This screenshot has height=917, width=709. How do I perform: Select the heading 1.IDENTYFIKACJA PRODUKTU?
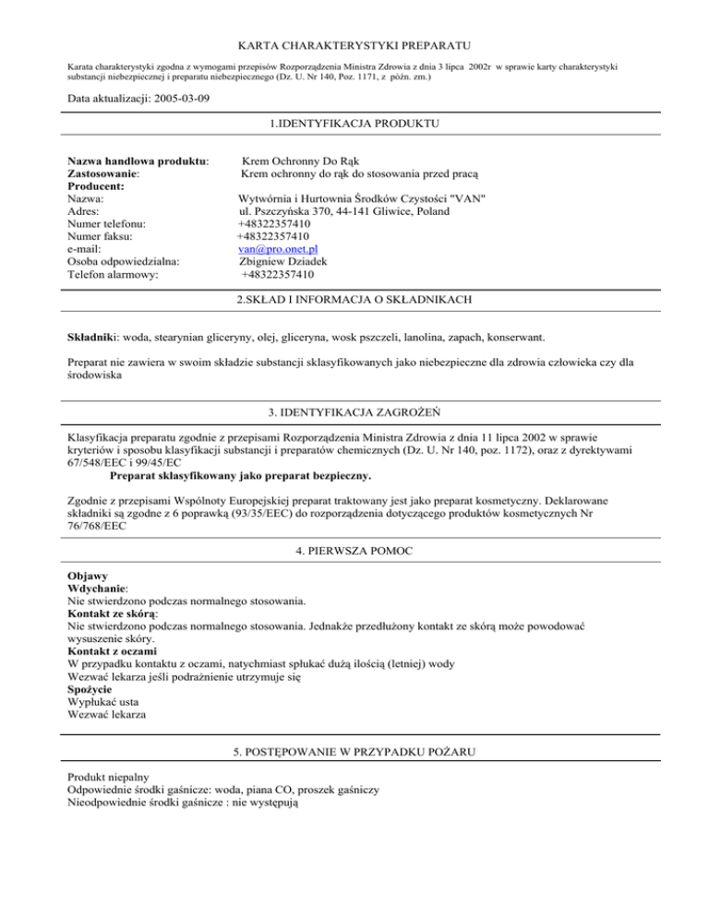[354, 123]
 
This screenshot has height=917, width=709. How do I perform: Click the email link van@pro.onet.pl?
[278, 248]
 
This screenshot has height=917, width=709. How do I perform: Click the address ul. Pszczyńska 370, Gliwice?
[343, 211]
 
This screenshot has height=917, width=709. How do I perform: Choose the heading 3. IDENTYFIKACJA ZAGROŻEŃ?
[354, 411]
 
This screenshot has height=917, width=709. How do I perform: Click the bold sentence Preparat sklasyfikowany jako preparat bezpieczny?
[240, 476]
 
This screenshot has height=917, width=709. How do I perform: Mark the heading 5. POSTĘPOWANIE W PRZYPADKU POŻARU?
[354, 753]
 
